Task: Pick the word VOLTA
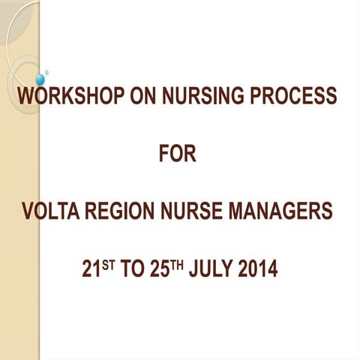point(49,213)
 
